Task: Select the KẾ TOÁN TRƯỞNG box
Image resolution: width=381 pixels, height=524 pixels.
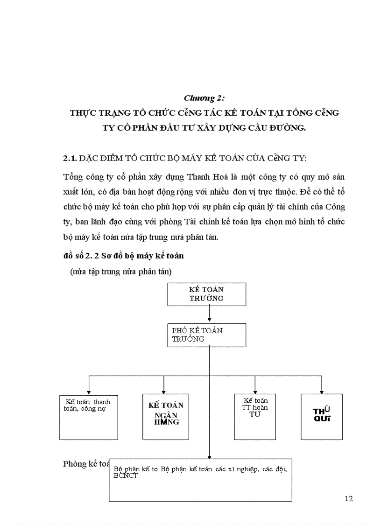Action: pyautogui.click(x=206, y=294)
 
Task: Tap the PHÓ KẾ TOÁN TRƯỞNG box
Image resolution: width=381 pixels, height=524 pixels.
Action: pyautogui.click(x=206, y=335)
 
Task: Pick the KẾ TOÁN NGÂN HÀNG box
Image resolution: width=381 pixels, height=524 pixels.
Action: pyautogui.click(x=166, y=417)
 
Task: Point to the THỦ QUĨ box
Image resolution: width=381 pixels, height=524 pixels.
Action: pyautogui.click(x=321, y=417)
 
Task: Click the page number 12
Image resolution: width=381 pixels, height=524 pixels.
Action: pyautogui.click(x=348, y=498)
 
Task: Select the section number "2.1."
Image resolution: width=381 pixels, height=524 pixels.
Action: pyautogui.click(x=70, y=159)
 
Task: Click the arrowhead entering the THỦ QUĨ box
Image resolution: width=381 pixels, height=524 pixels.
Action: pyautogui.click(x=321, y=392)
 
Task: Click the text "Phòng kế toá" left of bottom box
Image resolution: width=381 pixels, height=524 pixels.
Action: pyautogui.click(x=86, y=464)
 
